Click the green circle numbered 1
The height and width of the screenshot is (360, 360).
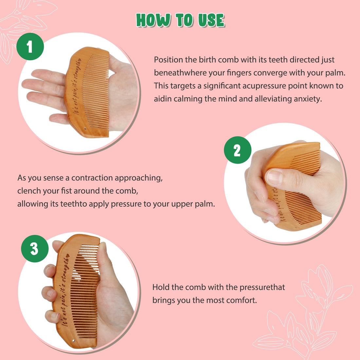pyautogui.click(x=30, y=46)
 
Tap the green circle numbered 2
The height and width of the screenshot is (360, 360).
pyautogui.click(x=237, y=150)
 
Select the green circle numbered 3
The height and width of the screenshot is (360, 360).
pyautogui.click(x=35, y=249)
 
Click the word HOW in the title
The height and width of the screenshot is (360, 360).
pyautogui.click(x=153, y=20)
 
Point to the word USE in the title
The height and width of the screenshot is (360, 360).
pyautogui.click(x=211, y=20)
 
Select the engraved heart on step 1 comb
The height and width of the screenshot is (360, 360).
pyautogui.click(x=79, y=60)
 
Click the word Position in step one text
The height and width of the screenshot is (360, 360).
pyautogui.click(x=169, y=60)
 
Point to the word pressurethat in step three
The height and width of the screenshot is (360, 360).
pyautogui.click(x=262, y=287)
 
